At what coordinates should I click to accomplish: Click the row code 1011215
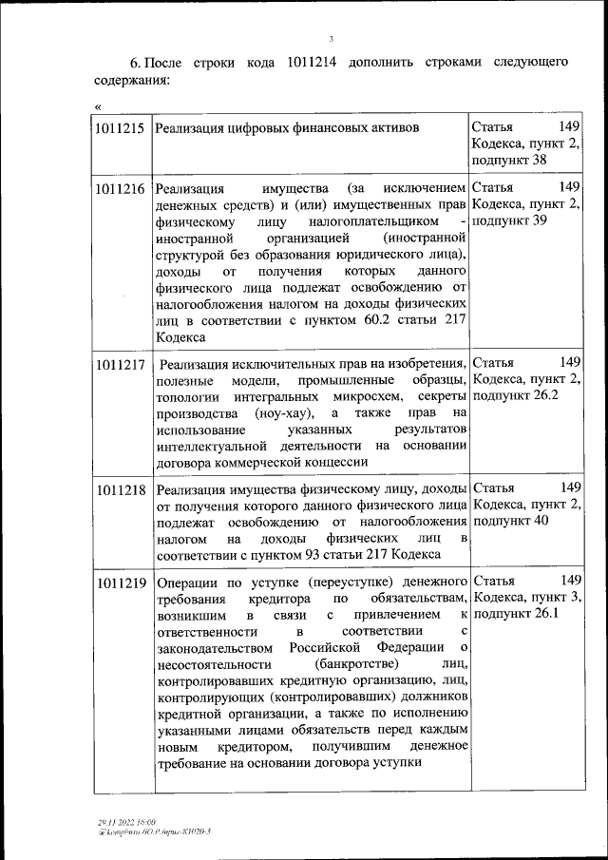120,126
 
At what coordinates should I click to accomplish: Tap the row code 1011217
120,363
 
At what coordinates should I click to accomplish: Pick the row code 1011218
120,489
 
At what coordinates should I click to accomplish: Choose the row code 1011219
120,581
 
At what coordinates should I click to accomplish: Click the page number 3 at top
332,39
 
